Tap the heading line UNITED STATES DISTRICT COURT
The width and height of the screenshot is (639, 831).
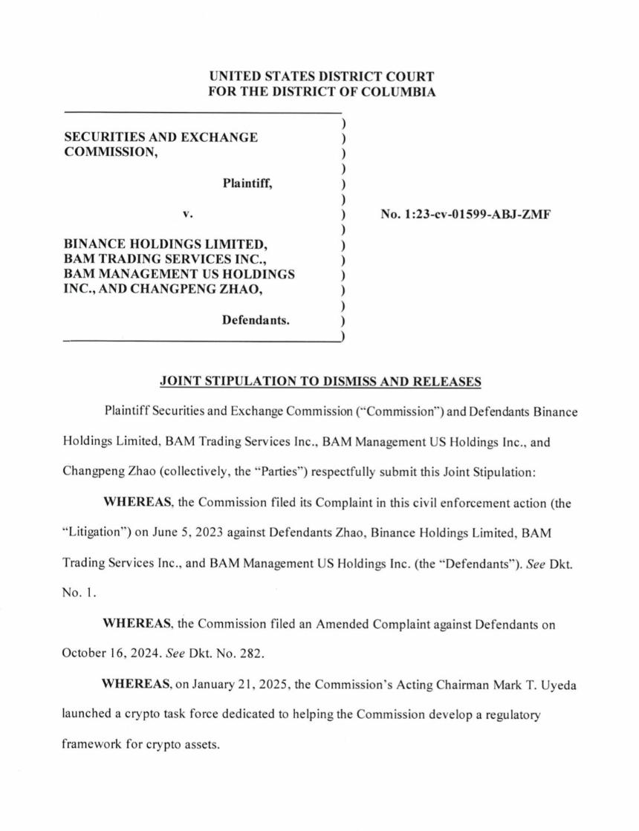(322, 76)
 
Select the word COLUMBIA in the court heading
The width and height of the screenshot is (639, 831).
(398, 92)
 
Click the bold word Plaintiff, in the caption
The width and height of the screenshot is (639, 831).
(247, 183)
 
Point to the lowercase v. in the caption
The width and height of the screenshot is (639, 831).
(187, 215)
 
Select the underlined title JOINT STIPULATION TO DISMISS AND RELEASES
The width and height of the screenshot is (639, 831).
(321, 382)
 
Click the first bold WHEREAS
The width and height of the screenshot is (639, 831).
(137, 502)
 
